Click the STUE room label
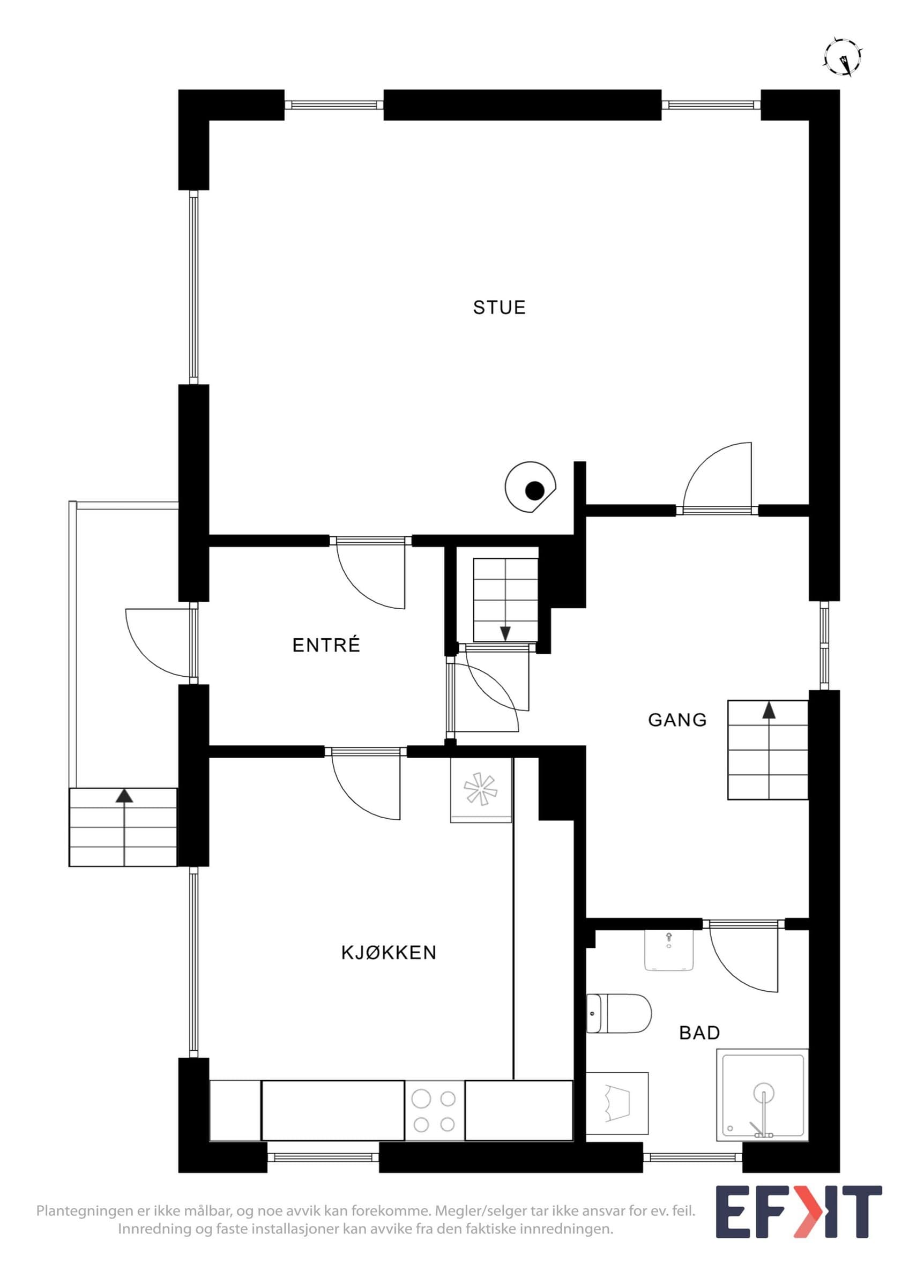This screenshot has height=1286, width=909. [499, 308]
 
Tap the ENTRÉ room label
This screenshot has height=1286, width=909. [326, 645]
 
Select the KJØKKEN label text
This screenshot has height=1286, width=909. [389, 952]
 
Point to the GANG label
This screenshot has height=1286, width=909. [677, 720]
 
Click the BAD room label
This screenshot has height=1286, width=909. [699, 1032]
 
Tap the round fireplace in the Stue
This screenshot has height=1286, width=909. [531, 487]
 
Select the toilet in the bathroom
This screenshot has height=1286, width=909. [619, 1013]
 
